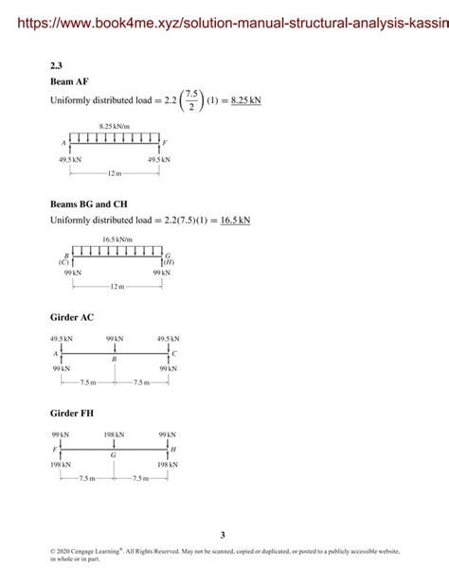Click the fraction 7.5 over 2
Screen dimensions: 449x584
pyautogui.click(x=191, y=99)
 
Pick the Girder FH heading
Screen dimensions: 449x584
pyautogui.click(x=72, y=413)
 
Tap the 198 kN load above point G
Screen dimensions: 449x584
pyautogui.click(x=114, y=435)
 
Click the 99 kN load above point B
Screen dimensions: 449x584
pyautogui.click(x=114, y=339)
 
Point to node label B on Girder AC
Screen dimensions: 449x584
pyautogui.click(x=114, y=361)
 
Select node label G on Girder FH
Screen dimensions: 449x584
pyautogui.click(x=114, y=456)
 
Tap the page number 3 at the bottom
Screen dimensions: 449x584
pyautogui.click(x=224, y=535)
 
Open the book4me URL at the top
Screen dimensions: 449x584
pyautogui.click(x=224, y=20)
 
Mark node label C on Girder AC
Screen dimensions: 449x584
pyautogui.click(x=174, y=354)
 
